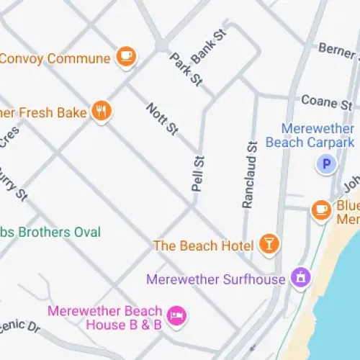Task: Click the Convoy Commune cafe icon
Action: (126, 56)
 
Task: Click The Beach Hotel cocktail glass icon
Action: (269, 244)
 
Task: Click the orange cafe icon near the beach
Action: (321, 210)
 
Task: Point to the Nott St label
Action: (162, 120)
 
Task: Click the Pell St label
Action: (197, 174)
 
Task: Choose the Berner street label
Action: (337, 50)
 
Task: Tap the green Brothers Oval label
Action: (50, 232)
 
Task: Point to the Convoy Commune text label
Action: (55, 58)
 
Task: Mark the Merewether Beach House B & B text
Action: (104, 318)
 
